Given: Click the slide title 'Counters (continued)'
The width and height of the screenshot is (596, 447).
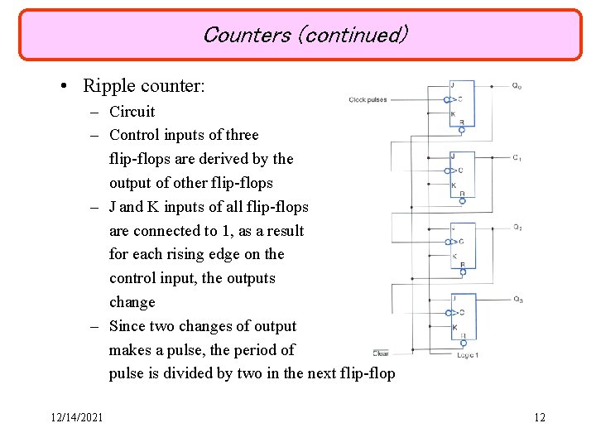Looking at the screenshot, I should click(305, 35).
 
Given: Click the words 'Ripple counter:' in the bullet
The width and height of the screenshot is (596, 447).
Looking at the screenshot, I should click(144, 85).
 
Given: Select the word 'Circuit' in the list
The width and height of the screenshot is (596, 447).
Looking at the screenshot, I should click(132, 112).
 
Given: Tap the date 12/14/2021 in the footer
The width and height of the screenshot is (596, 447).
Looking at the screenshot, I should click(75, 417).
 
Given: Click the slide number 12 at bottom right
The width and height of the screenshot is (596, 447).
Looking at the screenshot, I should click(540, 417).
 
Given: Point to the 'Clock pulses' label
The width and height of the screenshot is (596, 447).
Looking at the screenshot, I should click(368, 99).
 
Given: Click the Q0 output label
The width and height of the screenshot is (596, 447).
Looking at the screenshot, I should click(517, 85).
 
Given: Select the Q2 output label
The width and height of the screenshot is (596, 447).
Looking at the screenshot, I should click(517, 228).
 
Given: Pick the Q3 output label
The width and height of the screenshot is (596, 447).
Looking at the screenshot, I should click(517, 299).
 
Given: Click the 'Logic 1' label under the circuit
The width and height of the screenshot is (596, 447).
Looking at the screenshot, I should click(468, 354).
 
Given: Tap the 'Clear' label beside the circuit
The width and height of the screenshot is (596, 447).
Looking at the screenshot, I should click(381, 353).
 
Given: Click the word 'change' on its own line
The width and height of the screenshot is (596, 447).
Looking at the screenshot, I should click(132, 302).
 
